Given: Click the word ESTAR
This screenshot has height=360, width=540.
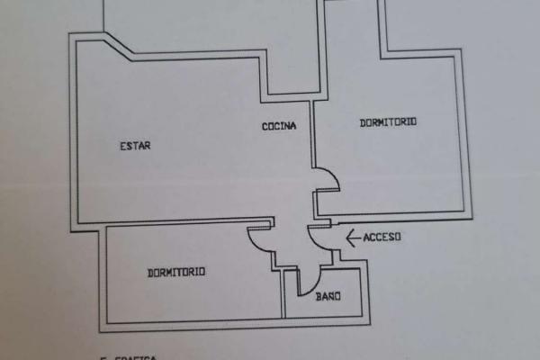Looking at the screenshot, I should (134, 146).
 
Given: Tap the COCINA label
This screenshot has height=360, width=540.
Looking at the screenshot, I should (279, 126).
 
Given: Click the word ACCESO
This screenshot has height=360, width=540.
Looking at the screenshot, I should (382, 238).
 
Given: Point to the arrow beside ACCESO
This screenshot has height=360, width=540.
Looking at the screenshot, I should (353, 238).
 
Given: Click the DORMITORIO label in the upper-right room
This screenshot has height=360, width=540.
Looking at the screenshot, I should (388, 122).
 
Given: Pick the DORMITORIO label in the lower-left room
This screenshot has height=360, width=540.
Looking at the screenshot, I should (175, 271).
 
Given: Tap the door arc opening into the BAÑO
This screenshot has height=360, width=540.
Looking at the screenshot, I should (309, 276).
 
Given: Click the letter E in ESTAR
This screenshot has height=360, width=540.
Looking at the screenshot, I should (122, 146).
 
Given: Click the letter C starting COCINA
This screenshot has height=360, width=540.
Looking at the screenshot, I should (265, 126).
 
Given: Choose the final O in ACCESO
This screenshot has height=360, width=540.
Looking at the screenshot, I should (397, 238).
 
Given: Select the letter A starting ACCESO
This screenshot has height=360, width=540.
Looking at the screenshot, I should (366, 238).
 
